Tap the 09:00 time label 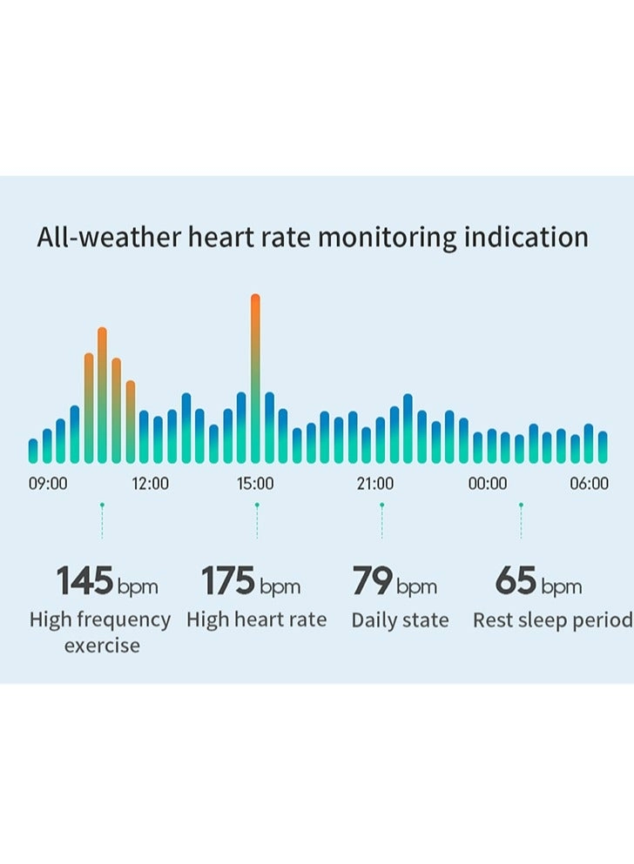point(48,484)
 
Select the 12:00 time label point(151,484)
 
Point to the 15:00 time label point(255,484)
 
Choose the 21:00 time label point(374,484)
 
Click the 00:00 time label point(488,484)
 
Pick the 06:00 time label point(590,484)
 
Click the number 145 point(85,581)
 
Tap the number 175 point(228,581)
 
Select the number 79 point(372,581)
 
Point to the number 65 point(516,581)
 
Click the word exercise point(102,646)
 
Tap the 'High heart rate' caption point(257,620)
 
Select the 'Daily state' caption point(400,620)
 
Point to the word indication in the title point(525,238)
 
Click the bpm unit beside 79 point(416,587)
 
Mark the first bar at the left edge point(33,451)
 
